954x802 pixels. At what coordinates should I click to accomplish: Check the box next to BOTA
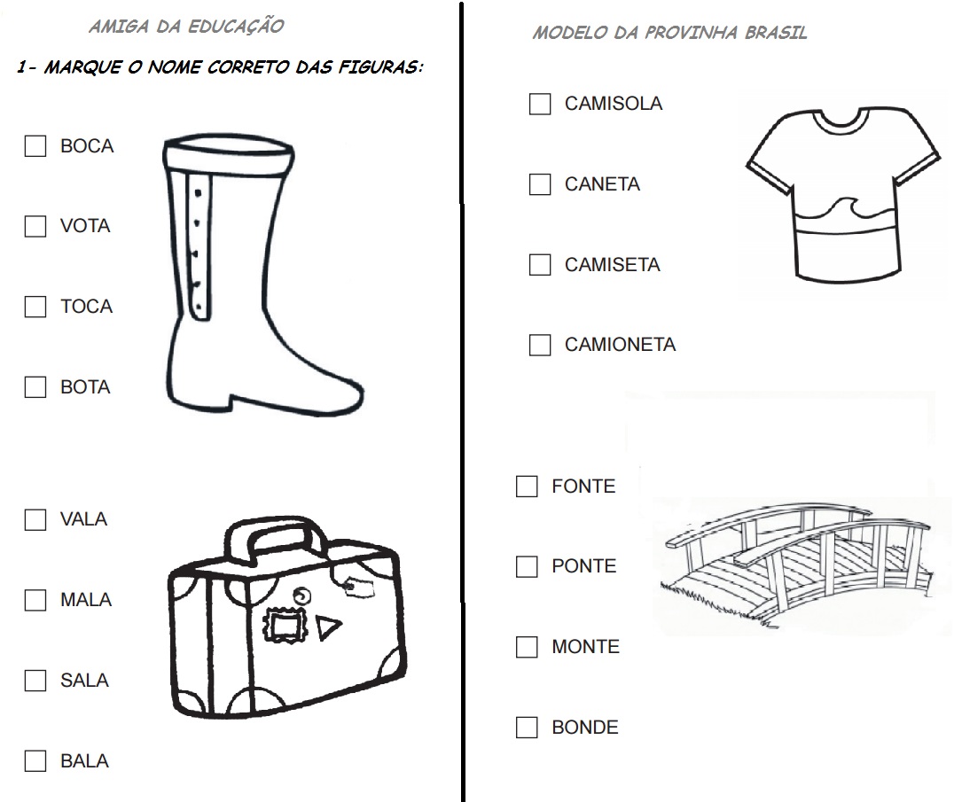pyautogui.click(x=35, y=386)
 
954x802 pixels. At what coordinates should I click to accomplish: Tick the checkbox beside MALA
pyautogui.click(x=35, y=600)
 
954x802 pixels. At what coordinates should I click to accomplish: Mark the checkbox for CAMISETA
pyautogui.click(x=540, y=264)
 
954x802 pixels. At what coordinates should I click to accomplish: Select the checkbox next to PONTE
pyautogui.click(x=527, y=566)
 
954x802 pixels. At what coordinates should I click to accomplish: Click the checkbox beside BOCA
pyautogui.click(x=35, y=146)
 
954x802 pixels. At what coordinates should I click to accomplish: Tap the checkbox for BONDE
pyautogui.click(x=527, y=728)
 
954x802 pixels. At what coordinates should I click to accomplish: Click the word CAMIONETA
pyautogui.click(x=620, y=345)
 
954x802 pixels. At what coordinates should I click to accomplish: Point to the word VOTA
pyautogui.click(x=85, y=226)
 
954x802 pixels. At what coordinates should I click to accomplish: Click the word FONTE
pyautogui.click(x=583, y=487)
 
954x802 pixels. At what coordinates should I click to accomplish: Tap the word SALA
pyautogui.click(x=84, y=681)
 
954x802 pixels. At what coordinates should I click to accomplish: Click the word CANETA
pyautogui.click(x=602, y=184)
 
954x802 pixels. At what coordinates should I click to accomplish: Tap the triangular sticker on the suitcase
pyautogui.click(x=327, y=627)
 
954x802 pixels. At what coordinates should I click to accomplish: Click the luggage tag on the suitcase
pyautogui.click(x=360, y=588)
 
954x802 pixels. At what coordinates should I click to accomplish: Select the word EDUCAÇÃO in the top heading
pyautogui.click(x=236, y=27)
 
